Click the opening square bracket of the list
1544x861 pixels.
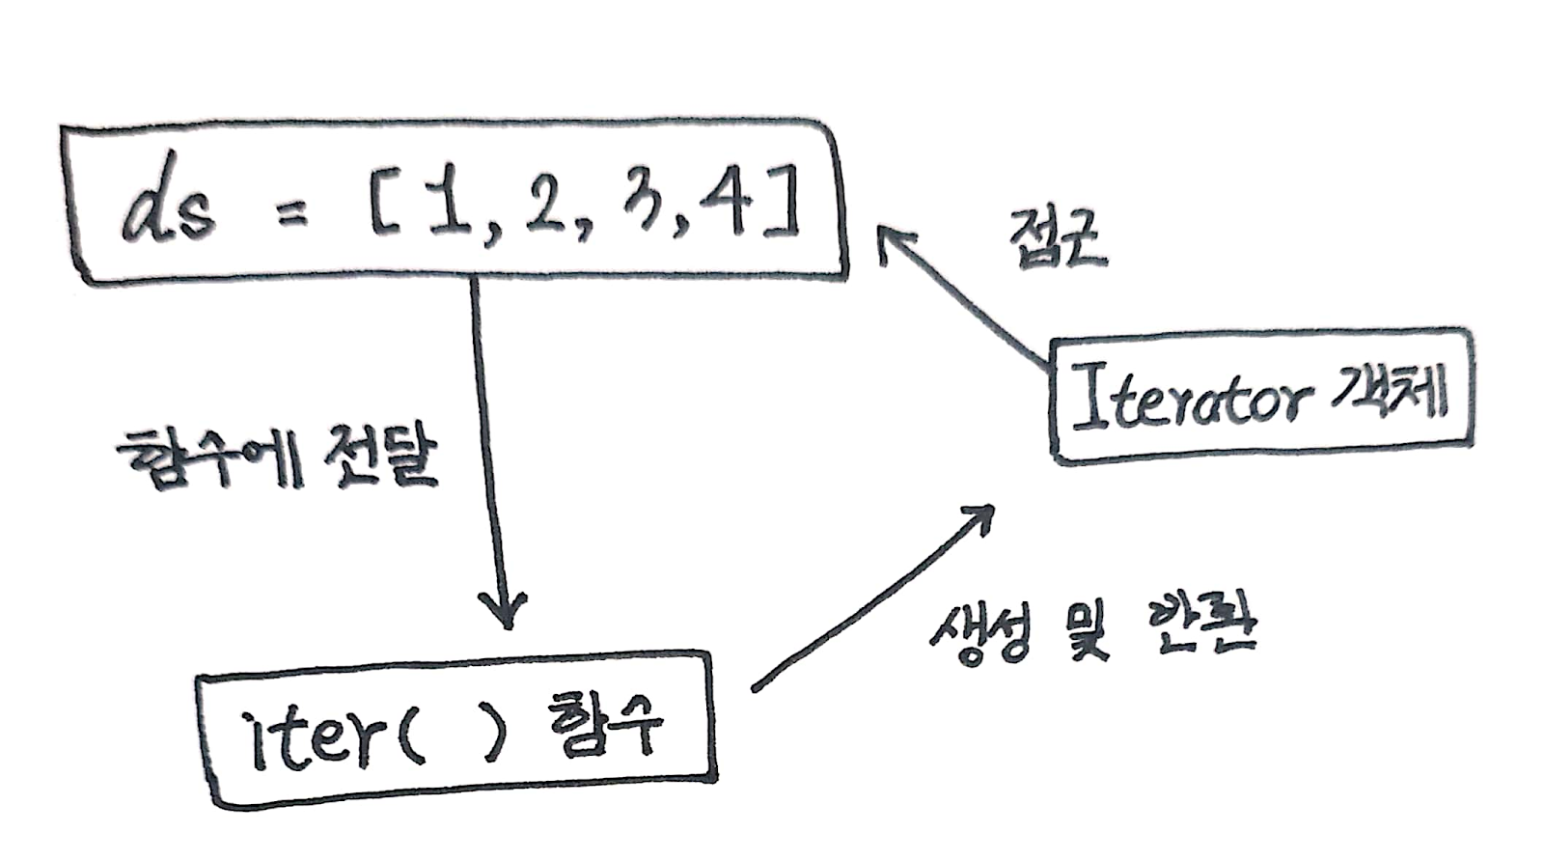pyautogui.click(x=385, y=213)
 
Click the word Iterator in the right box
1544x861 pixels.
pyautogui.click(x=1192, y=400)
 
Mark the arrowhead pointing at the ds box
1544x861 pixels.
pyautogui.click(x=890, y=240)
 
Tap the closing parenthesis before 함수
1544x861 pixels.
pyautogui.click(x=494, y=734)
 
